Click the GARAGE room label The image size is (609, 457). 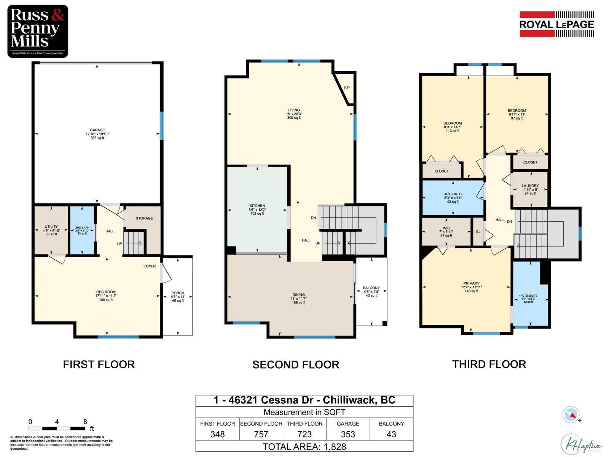point(97,130)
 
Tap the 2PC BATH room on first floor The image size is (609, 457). point(83,230)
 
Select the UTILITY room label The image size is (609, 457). point(51,227)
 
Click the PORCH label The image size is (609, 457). point(178,293)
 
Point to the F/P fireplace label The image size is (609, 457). point(347,88)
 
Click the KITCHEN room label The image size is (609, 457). point(257,206)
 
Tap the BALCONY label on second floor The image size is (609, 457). point(371,288)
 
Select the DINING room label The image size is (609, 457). point(298,295)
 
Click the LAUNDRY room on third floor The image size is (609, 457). point(530,186)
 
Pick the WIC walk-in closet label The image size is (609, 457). point(446,228)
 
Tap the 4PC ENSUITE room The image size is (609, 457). point(528,296)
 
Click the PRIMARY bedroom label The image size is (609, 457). point(471,283)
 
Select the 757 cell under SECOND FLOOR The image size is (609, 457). point(261,435)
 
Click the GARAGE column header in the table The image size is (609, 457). point(348,423)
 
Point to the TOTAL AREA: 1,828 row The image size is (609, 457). point(304,446)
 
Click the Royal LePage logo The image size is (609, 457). point(556,24)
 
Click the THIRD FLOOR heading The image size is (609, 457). point(489,364)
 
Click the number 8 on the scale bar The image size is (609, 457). point(85,422)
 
